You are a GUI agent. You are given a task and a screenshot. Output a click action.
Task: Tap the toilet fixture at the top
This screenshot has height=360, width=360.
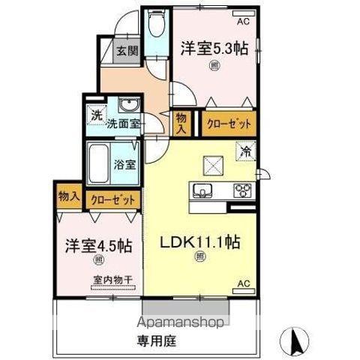coord(157,28)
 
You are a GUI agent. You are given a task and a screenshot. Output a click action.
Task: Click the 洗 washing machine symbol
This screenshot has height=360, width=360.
coord(95,114)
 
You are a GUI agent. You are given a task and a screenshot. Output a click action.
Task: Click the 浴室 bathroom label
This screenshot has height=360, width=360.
coord(125,163)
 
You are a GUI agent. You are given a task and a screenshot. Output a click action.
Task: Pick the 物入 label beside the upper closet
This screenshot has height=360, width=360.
coord(181,122)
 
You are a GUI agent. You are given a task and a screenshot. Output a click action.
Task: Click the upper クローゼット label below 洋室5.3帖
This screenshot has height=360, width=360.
coord(226,122)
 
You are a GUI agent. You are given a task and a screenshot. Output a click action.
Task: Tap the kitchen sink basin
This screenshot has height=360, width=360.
coord(204,189)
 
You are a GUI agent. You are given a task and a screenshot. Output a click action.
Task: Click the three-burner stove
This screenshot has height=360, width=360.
coord(244,190)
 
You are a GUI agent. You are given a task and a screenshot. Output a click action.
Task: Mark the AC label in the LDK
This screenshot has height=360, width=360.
coord(243,283)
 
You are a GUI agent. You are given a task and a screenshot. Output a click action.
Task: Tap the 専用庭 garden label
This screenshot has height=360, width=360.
coord(178,337)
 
